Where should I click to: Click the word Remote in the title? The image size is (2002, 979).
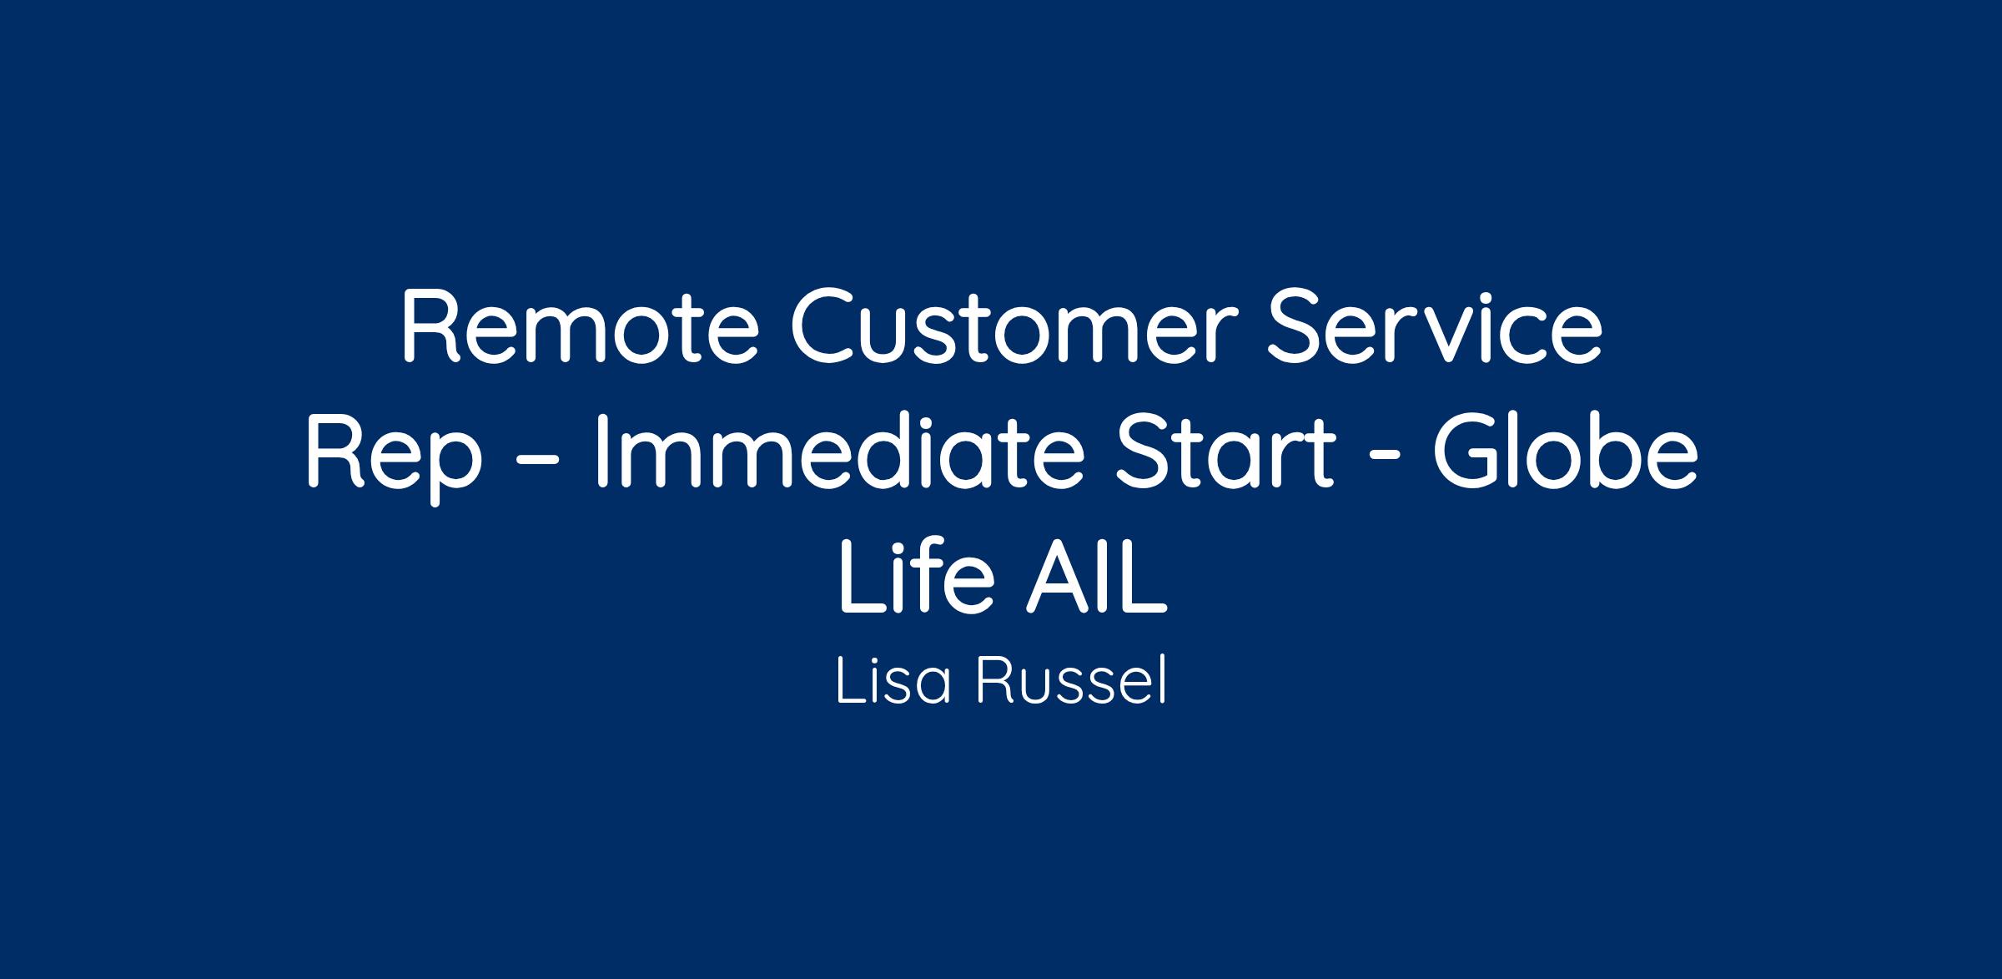click(x=581, y=326)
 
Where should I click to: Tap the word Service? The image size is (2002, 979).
click(x=1435, y=326)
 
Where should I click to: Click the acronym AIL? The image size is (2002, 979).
click(x=1097, y=576)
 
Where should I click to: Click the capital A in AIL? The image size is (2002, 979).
click(x=1059, y=577)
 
